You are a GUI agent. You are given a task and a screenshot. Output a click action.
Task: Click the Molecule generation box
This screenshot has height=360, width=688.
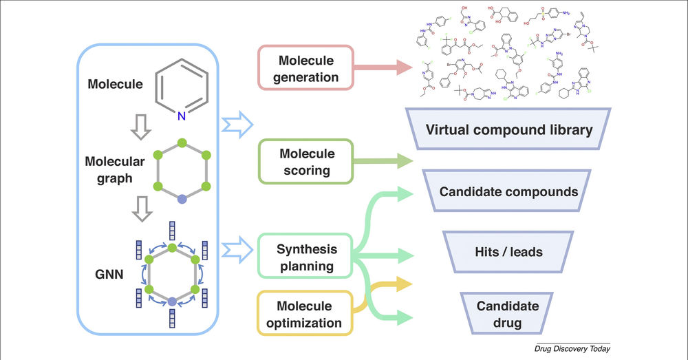tap(305, 67)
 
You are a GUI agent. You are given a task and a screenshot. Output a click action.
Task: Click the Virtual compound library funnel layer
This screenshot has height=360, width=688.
tap(509, 129)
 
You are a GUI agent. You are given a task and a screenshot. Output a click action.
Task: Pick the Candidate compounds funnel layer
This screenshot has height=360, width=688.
tap(509, 191)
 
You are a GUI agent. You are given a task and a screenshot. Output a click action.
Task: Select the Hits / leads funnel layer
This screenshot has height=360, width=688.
tap(509, 252)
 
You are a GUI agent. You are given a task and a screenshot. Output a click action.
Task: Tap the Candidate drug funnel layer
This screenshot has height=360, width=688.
tap(508, 313)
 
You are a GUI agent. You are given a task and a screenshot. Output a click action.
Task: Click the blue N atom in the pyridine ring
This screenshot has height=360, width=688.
tap(182, 117)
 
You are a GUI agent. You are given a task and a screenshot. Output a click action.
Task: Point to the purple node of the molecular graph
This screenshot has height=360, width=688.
tap(182, 198)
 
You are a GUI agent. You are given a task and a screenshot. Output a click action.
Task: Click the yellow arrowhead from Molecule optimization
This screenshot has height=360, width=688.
tap(405, 283)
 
